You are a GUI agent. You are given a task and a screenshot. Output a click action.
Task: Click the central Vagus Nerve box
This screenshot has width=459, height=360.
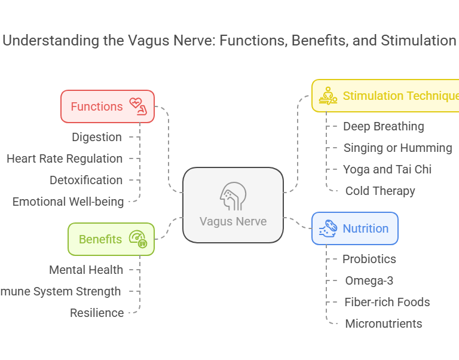pyautogui.click(x=232, y=205)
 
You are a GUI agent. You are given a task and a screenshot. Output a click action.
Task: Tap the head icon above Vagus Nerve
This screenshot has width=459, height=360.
pyautogui.click(x=232, y=194)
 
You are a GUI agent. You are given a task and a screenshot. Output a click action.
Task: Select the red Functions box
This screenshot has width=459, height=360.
pyautogui.click(x=108, y=106)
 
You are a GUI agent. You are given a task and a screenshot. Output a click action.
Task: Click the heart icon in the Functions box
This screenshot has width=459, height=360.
pyautogui.click(x=139, y=106)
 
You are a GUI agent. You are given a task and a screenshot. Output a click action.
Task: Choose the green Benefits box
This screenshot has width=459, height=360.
pyautogui.click(x=111, y=239)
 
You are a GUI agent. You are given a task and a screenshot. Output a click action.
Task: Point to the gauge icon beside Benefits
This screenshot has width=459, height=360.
pyautogui.click(x=138, y=239)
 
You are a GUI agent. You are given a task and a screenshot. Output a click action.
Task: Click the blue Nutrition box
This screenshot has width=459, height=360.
pyautogui.click(x=354, y=228)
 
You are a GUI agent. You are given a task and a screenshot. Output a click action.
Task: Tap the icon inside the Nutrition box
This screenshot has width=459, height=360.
pyautogui.click(x=328, y=228)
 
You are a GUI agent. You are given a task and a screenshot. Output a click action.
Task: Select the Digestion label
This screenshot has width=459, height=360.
pyautogui.click(x=97, y=137)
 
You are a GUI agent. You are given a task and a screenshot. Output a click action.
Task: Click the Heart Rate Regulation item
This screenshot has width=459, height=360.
pyautogui.click(x=65, y=158)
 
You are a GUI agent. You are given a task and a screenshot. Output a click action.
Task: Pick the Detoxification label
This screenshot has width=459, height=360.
pyautogui.click(x=86, y=180)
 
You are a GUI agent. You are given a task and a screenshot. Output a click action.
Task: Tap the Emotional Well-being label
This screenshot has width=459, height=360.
pyautogui.click(x=68, y=202)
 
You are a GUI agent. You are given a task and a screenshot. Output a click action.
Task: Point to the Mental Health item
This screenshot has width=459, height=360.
pyautogui.click(x=86, y=270)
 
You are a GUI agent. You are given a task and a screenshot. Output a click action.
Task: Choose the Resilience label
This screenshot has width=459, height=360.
pyautogui.click(x=97, y=313)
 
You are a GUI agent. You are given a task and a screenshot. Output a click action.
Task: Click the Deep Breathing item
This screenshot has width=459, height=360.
pyautogui.click(x=383, y=126)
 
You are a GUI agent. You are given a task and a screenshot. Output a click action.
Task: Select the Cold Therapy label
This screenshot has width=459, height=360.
pyautogui.click(x=380, y=191)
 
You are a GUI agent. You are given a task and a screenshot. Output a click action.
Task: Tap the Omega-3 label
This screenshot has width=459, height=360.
pyautogui.click(x=369, y=280)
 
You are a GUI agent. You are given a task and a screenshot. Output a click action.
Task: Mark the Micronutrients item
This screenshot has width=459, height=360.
pyautogui.click(x=383, y=324)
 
